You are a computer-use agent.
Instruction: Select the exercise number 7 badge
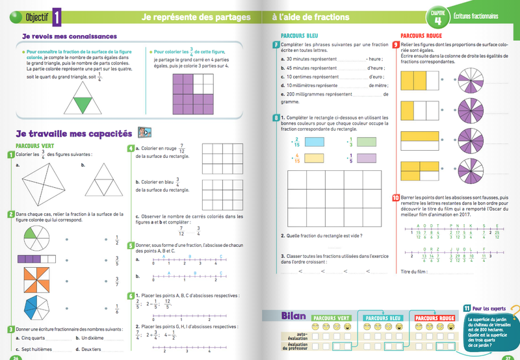point(277,44)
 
